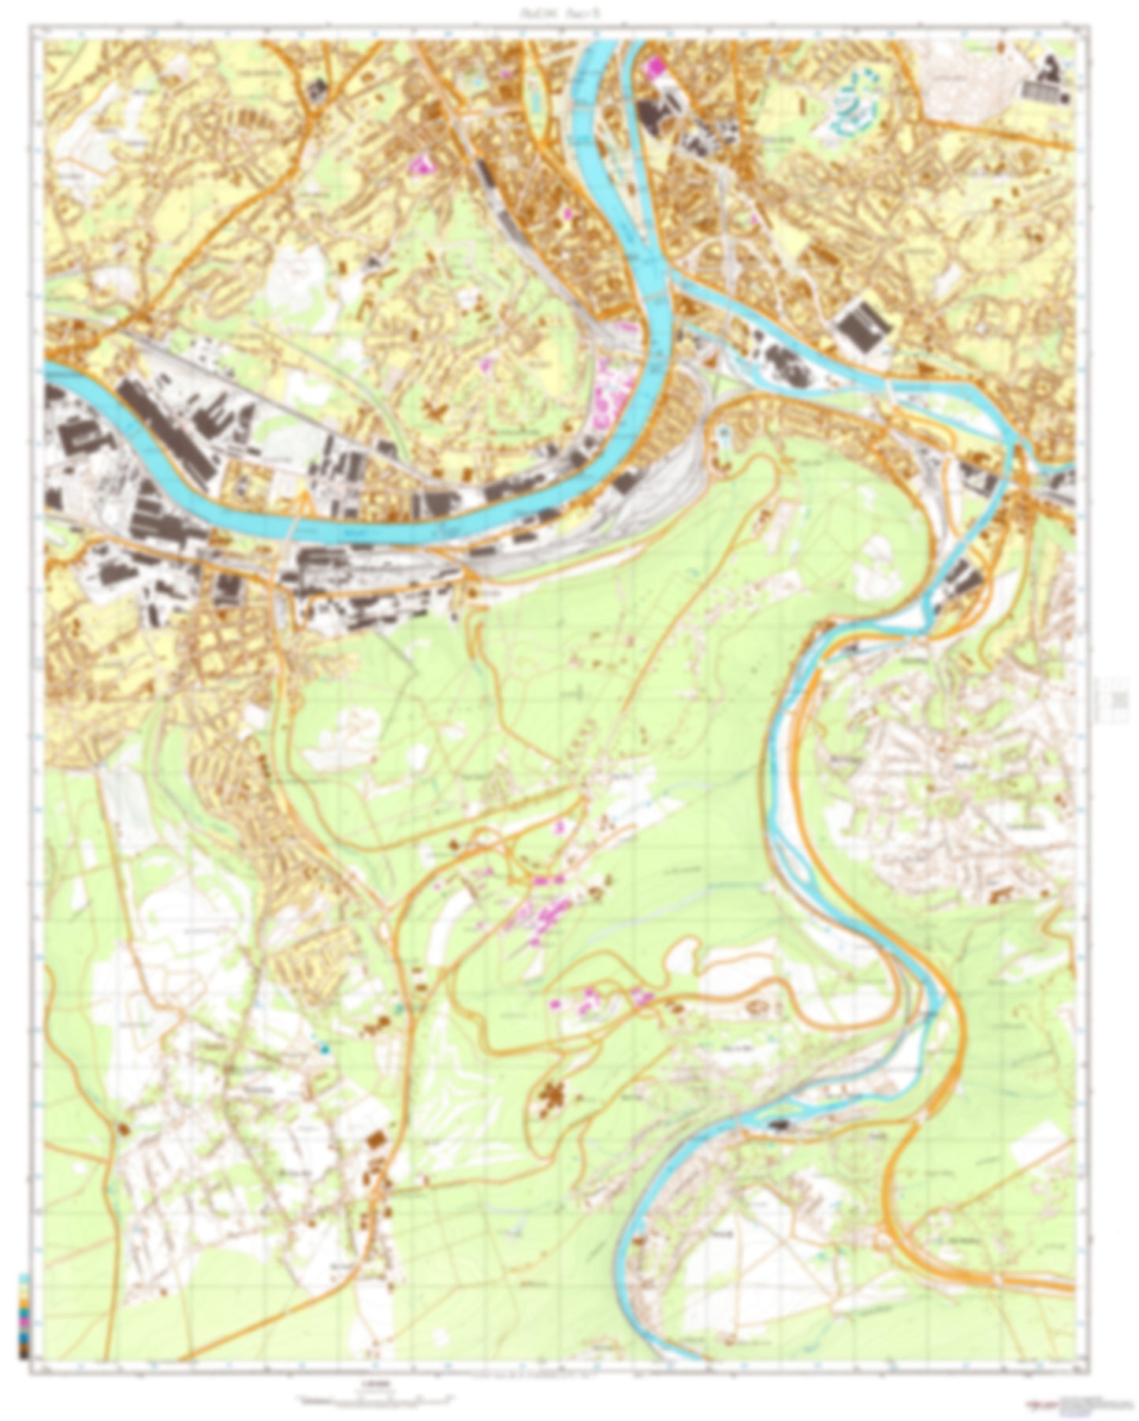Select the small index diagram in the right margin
click(1118, 700)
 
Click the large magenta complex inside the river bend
click(611, 394)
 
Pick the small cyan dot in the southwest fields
click(324, 1047)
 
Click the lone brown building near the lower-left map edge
click(123, 1129)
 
